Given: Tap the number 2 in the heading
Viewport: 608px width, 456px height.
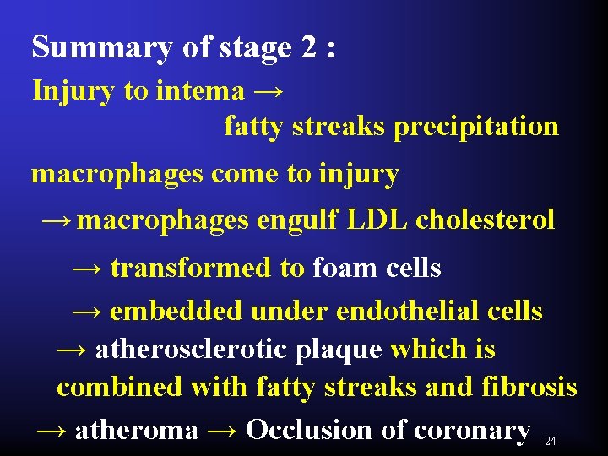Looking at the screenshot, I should pos(308,47).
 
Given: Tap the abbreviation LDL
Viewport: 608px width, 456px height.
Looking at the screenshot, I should pos(377,220).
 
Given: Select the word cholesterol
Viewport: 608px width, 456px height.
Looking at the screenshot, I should pos(486,220).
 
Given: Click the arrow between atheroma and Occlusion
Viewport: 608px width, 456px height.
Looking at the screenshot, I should pos(221,430).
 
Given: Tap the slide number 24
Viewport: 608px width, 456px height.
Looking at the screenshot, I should pos(551,441).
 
